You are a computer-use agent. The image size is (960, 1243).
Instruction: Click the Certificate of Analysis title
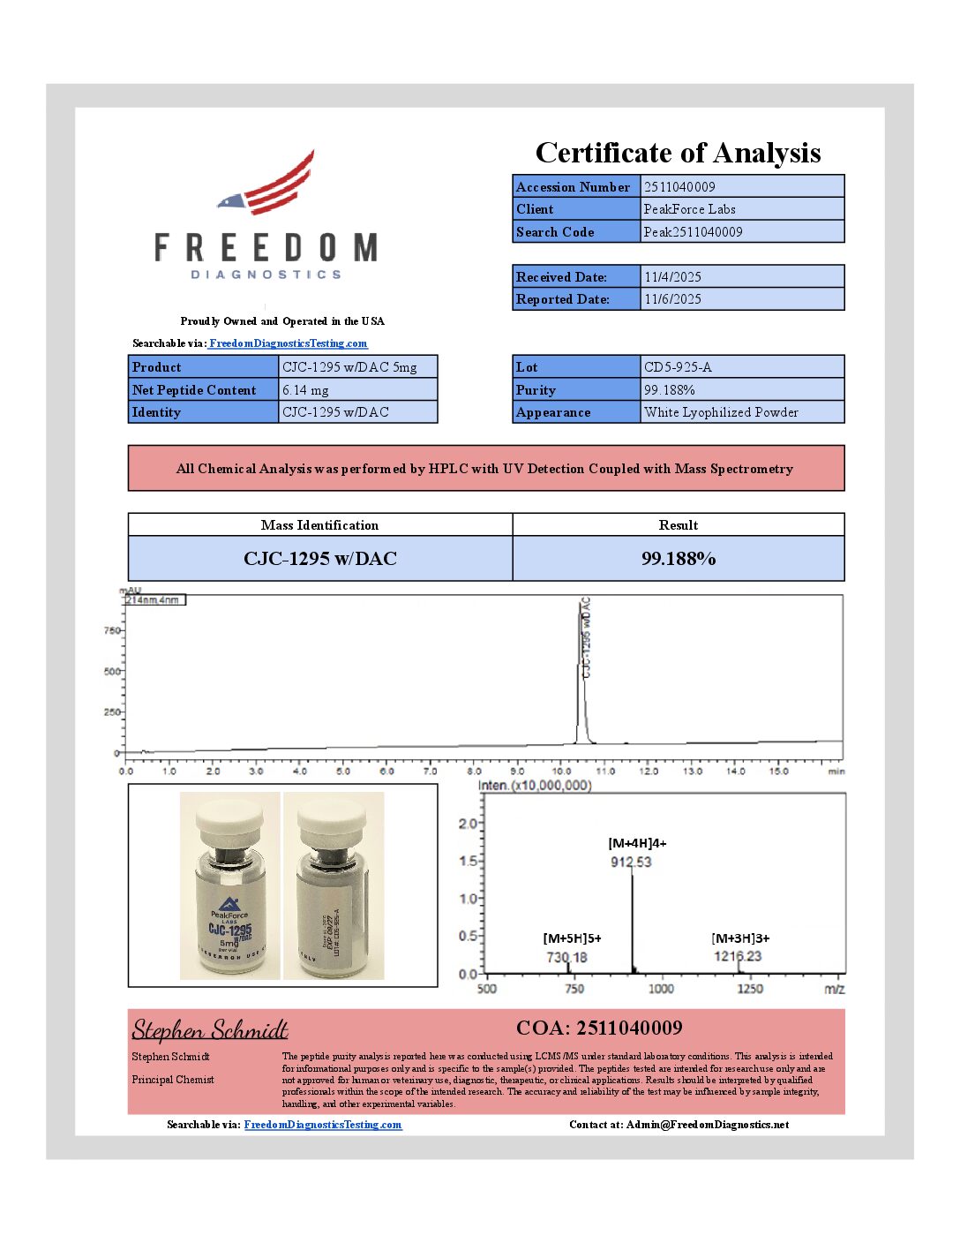click(678, 153)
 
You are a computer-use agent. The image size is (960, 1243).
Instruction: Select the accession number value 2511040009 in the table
click(679, 187)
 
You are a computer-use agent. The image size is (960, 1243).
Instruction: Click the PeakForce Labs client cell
click(689, 209)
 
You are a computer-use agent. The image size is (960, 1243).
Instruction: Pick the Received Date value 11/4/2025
click(672, 277)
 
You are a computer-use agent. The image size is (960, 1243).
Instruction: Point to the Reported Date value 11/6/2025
click(672, 299)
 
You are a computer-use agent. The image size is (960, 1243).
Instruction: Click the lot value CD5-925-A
click(678, 367)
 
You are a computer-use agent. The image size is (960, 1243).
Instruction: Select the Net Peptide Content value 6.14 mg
click(305, 390)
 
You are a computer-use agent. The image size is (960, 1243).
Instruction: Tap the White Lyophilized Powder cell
click(721, 412)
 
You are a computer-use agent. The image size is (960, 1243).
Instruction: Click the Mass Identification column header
click(319, 525)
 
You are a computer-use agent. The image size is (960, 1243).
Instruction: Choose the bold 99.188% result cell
click(678, 559)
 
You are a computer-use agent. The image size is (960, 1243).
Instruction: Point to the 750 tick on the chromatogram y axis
click(112, 630)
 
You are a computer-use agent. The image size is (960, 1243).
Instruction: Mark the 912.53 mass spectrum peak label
click(631, 862)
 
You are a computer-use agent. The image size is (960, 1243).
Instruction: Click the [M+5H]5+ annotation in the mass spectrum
click(572, 938)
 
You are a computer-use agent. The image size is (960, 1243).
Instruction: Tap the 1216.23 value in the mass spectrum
click(738, 956)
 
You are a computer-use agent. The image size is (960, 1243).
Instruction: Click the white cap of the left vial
click(229, 820)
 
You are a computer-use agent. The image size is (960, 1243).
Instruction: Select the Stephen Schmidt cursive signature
click(210, 1030)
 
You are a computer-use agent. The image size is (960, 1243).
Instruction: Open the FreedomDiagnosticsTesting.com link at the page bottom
click(323, 1125)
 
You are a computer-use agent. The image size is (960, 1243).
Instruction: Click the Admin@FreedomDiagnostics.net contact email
click(707, 1125)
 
